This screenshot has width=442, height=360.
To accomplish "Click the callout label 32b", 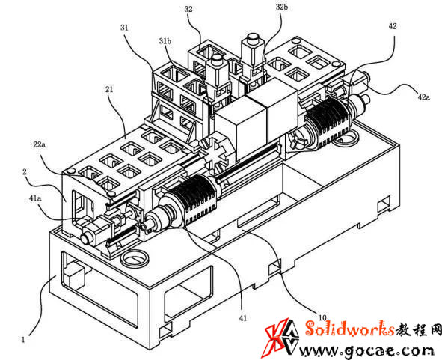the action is (x=282, y=7).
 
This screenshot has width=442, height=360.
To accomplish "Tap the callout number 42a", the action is (x=424, y=97).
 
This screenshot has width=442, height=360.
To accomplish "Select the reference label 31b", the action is (x=165, y=41).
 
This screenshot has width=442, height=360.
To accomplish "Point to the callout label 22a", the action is (x=39, y=145).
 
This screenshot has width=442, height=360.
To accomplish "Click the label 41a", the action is (x=35, y=198).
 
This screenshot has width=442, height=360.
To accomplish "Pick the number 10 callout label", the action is (x=322, y=318).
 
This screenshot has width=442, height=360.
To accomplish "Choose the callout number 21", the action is (x=109, y=89).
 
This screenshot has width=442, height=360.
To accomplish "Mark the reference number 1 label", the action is (x=23, y=339).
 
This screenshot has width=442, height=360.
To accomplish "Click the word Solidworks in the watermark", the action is (x=349, y=329).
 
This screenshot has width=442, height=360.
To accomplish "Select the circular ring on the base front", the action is (x=135, y=257).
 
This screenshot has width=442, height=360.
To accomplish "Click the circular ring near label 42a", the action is (x=346, y=140).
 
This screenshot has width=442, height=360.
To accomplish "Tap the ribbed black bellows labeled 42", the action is (x=328, y=122).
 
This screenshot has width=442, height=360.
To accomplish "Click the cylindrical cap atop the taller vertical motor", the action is (x=252, y=38).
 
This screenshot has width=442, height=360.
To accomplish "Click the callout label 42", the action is (x=393, y=26).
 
